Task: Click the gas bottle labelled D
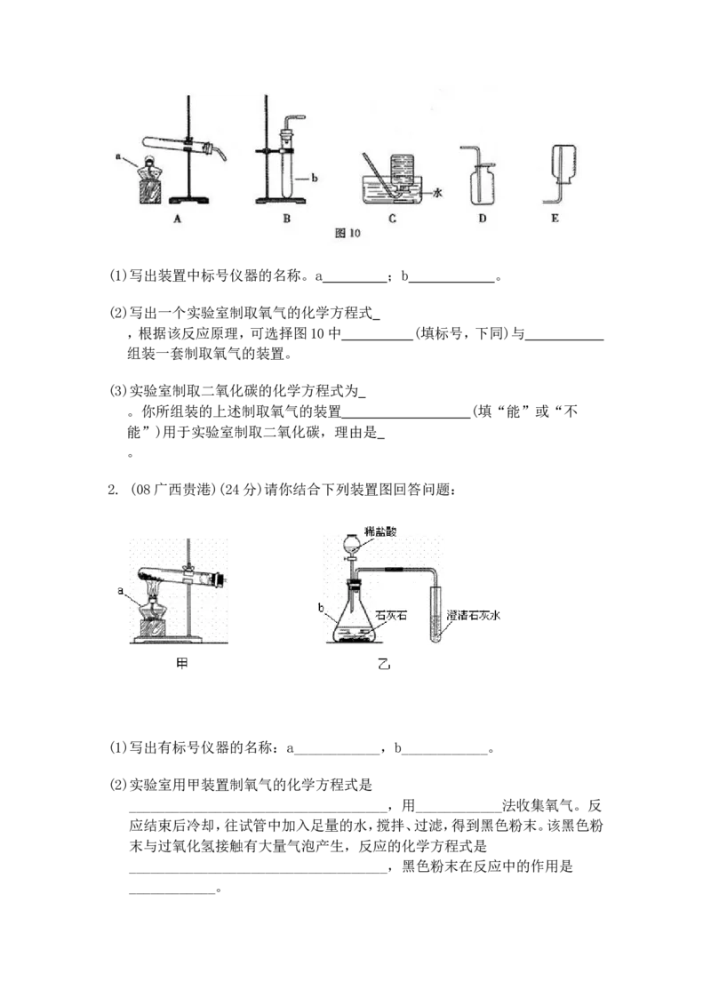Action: [482, 188]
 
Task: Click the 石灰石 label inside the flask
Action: [389, 614]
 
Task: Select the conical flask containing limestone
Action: [355, 618]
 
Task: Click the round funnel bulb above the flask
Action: [355, 543]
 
